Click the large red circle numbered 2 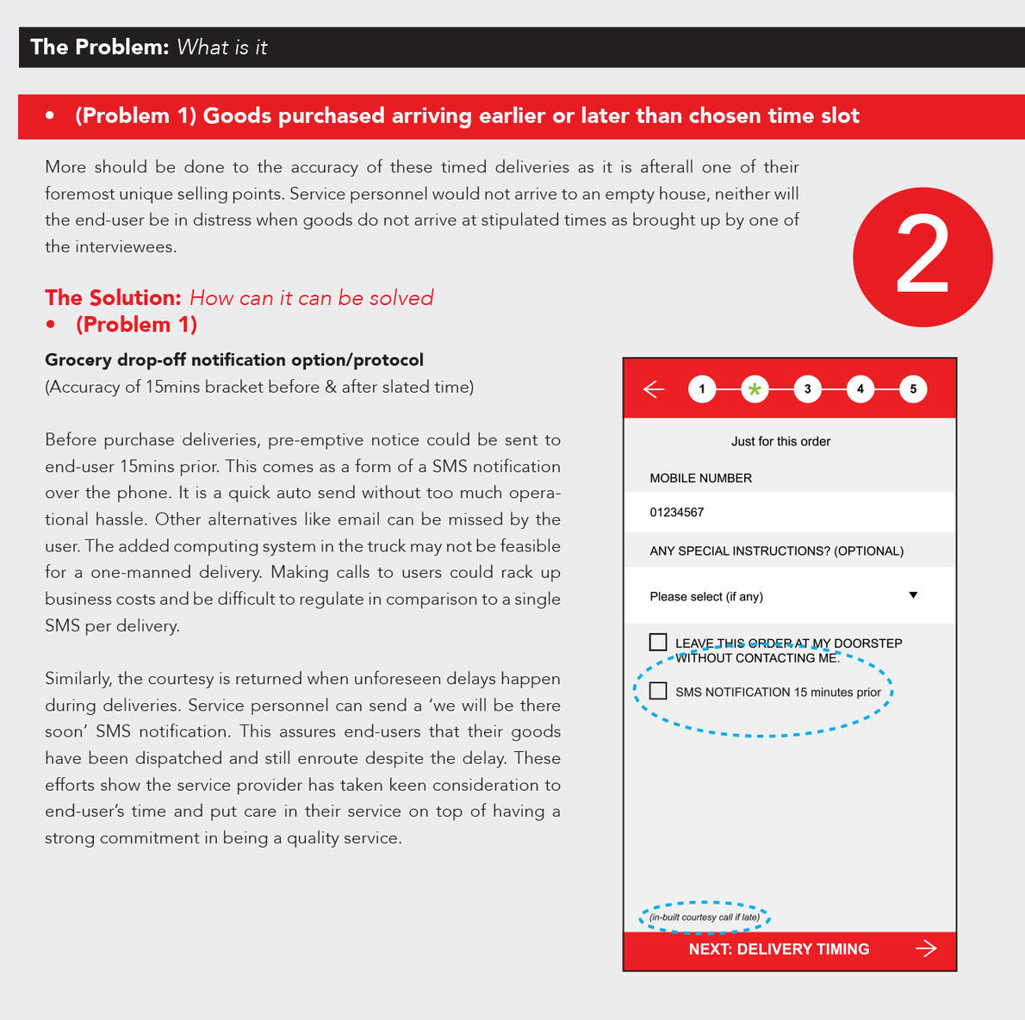coord(922,257)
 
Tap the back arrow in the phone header coord(654,389)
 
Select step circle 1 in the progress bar coord(702,389)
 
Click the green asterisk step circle coord(755,389)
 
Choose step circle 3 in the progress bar coord(807,389)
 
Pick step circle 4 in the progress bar coord(860,389)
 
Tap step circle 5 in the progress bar coord(913,389)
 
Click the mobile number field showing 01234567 coord(788,513)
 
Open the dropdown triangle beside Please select coord(913,595)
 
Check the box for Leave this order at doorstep coord(658,642)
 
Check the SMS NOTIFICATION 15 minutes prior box coord(658,691)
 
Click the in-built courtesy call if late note coord(705,917)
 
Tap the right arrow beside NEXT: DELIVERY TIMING coord(926,948)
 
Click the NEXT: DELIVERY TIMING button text coord(779,949)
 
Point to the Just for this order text coord(780,441)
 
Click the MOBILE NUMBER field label coord(700,478)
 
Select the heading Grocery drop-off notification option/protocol coord(234,360)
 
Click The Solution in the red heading coord(113,298)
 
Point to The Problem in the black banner coord(99,47)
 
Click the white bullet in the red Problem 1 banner coord(50,115)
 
